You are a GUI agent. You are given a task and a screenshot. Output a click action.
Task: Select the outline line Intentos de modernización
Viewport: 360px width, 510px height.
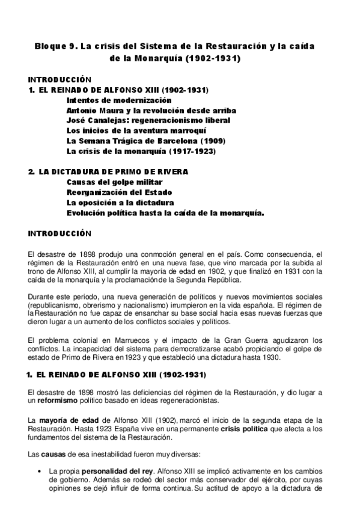(x=119, y=100)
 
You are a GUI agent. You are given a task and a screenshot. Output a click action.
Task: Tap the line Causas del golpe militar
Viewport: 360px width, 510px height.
(x=114, y=182)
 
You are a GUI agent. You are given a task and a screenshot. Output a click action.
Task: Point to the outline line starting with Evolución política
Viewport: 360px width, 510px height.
(x=165, y=212)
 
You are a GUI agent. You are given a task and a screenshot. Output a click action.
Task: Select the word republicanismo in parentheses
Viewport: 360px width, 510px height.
(x=55, y=305)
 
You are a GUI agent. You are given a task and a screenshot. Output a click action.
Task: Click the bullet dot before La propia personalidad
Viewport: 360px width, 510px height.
(x=38, y=472)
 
